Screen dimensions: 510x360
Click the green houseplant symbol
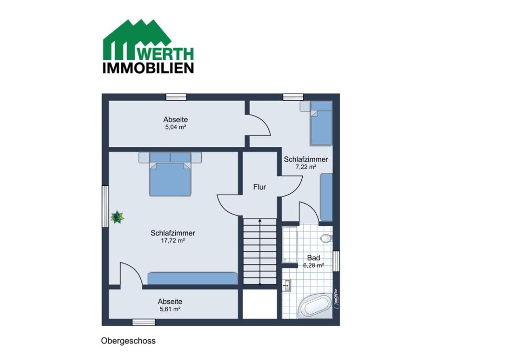[117, 217]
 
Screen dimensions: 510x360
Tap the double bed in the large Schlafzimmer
[170, 174]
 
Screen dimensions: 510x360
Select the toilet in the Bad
[326, 239]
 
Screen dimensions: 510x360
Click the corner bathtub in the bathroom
[315, 306]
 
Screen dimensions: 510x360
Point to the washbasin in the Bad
[286, 285]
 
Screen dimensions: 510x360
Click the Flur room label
[259, 187]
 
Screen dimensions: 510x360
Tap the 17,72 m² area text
[173, 240]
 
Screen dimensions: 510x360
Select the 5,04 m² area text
[175, 127]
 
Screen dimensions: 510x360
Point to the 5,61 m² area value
[170, 309]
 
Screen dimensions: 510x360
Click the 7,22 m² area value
[306, 167]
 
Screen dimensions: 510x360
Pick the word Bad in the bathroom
[314, 258]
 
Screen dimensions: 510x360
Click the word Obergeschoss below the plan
[128, 341]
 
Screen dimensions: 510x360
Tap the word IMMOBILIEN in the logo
[148, 68]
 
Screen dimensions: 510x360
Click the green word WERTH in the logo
[168, 54]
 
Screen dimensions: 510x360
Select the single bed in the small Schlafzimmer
[321, 123]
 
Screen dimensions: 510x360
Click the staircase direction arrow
[260, 252]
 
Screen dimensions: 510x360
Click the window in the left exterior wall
[105, 207]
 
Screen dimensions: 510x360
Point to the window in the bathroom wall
[336, 261]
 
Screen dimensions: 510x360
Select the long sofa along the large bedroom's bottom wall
[193, 279]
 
